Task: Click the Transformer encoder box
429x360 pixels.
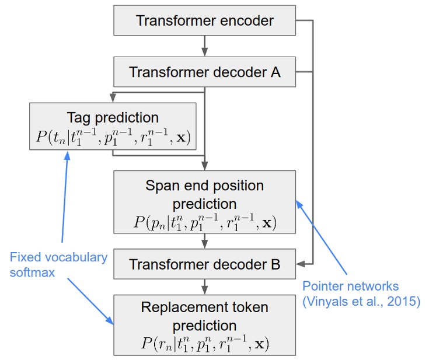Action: point(204,22)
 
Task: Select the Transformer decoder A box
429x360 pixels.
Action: point(204,72)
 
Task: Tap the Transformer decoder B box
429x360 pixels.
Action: point(204,264)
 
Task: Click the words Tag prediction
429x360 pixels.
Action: point(113,117)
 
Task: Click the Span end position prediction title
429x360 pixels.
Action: point(204,195)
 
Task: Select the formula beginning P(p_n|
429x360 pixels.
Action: point(204,223)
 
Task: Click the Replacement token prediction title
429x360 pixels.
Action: point(204,316)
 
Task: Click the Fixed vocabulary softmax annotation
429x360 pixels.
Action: point(58,264)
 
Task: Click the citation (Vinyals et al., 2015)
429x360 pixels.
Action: point(361,302)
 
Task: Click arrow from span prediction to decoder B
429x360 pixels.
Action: point(204,240)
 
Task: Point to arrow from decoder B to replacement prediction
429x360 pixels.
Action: point(204,286)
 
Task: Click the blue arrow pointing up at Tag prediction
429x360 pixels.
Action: point(64,198)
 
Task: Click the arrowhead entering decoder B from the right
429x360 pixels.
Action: point(300,264)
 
